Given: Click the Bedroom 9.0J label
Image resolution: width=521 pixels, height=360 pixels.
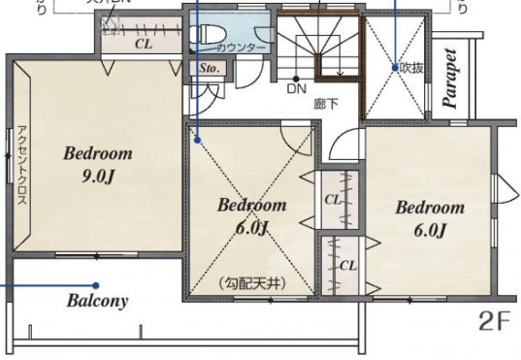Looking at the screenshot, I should coord(98,165).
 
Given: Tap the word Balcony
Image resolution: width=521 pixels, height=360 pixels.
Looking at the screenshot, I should coord(97,300).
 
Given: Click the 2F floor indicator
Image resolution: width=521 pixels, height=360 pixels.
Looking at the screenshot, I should coord(494,321).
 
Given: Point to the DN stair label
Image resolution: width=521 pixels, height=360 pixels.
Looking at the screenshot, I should coord(296,89).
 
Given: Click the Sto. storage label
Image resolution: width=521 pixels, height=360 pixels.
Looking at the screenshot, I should coord(208,70).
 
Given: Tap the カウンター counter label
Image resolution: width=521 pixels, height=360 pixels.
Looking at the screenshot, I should coord(242,47).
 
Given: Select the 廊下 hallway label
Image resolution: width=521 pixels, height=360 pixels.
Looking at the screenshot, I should coord(325,101).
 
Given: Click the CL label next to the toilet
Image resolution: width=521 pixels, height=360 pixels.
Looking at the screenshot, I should coord(144,44).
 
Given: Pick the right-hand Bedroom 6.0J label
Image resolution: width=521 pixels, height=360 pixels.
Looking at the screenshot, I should coord(429,218).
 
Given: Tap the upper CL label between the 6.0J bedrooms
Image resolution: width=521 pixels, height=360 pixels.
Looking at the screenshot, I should coord(333,199).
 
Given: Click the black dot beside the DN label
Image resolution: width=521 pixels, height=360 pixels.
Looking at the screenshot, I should coord(296,78).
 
